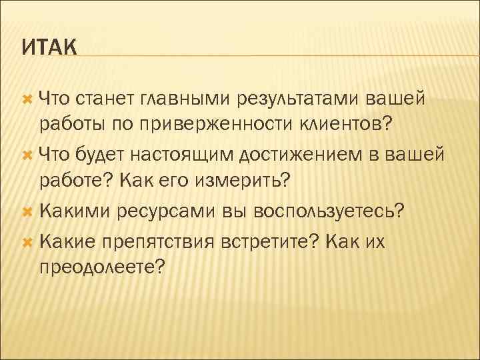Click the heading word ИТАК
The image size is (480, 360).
coord(49,48)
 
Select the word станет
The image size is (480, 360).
coord(106,99)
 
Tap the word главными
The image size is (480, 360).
coord(183,99)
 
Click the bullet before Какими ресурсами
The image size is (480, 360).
coord(27,211)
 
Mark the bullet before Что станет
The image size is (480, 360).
coord(27,99)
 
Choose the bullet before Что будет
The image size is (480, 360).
coord(27,155)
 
